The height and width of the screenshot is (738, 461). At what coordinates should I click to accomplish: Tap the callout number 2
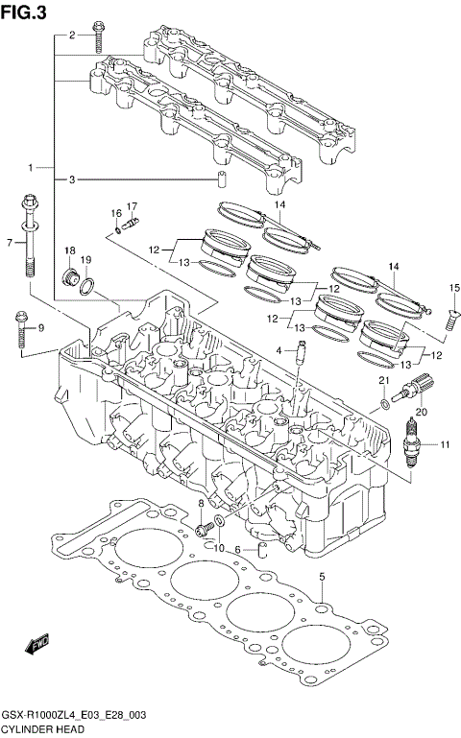tap(70, 36)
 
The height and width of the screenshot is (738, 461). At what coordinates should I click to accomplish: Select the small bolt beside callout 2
tap(98, 36)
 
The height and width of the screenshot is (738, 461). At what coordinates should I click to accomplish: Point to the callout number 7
tap(9, 243)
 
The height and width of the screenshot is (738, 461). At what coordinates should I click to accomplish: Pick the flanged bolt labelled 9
tap(21, 327)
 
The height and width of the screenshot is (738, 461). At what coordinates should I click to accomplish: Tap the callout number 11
tap(445, 444)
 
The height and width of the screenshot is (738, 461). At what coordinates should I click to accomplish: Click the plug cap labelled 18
tap(70, 279)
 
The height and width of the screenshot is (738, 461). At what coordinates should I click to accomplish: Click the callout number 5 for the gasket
tap(323, 576)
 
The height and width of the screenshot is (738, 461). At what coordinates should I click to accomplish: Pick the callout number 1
tap(31, 167)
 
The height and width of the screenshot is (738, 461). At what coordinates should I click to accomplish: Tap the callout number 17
tap(133, 205)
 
